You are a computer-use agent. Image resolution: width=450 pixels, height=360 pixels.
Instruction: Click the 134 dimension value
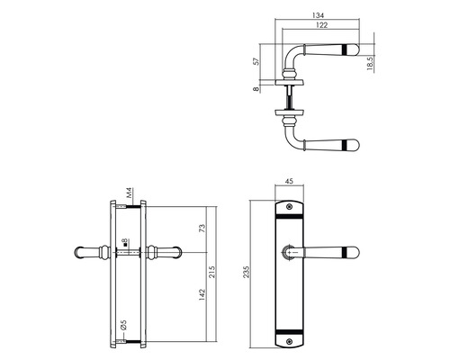318,15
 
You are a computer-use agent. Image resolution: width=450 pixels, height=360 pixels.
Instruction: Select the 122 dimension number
321,25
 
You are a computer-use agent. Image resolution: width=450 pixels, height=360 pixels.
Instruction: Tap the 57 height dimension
256,61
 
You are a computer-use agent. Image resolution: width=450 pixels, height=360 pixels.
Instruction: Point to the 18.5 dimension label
370,64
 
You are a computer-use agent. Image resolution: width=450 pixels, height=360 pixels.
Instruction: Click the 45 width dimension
289,181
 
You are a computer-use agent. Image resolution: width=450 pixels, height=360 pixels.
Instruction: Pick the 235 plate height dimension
247,272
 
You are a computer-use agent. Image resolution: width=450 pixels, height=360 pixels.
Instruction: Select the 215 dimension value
212,272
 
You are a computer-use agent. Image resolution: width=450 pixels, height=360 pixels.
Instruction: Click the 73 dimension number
202,229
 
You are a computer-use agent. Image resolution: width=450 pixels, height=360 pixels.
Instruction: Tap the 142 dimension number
202,295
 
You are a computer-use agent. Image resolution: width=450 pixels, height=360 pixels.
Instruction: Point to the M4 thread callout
129,193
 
